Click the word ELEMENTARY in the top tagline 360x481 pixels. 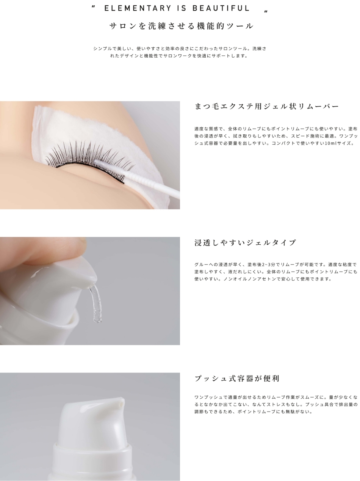138,8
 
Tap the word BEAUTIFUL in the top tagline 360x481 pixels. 221,8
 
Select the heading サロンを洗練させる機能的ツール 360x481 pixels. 182,26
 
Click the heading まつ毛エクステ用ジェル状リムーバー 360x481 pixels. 267,106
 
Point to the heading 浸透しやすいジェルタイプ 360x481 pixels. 245,242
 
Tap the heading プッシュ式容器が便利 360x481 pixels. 237,379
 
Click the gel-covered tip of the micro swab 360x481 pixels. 99,163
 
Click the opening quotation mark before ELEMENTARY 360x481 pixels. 94,6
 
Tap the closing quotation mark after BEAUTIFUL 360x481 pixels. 266,11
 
